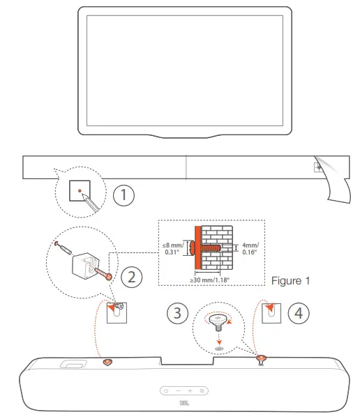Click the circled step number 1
click(x=123, y=195)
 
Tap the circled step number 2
click(x=130, y=277)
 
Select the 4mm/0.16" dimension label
click(x=250, y=250)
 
